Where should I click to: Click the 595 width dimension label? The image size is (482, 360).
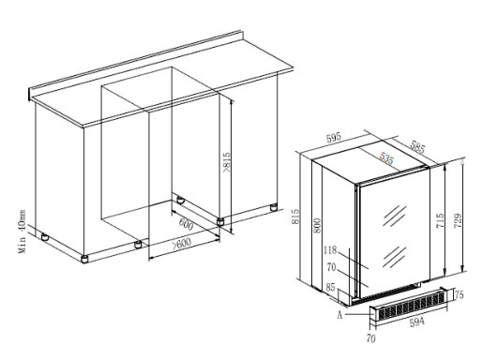pyautogui.click(x=334, y=138)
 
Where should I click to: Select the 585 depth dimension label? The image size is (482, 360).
pyautogui.click(x=417, y=147)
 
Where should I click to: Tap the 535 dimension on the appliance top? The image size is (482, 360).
pyautogui.click(x=386, y=158)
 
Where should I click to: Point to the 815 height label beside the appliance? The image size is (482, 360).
pyautogui.click(x=295, y=217)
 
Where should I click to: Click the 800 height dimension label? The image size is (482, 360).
pyautogui.click(x=317, y=225)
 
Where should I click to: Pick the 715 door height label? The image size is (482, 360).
pyautogui.click(x=440, y=221)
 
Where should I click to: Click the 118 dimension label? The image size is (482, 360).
pyautogui.click(x=330, y=250)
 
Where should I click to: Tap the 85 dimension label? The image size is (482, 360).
pyautogui.click(x=330, y=287)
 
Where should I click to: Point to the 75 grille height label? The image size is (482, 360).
pyautogui.click(x=459, y=294)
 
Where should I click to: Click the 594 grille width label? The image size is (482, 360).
pyautogui.click(x=417, y=322)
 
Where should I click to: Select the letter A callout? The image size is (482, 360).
pyautogui.click(x=339, y=315)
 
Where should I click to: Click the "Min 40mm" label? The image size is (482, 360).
pyautogui.click(x=22, y=232)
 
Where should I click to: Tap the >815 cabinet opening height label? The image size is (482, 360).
pyautogui.click(x=226, y=162)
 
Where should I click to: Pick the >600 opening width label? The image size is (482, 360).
pyautogui.click(x=181, y=243)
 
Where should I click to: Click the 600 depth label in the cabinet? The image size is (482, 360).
pyautogui.click(x=186, y=224)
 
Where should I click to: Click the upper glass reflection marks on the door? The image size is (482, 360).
pyautogui.click(x=394, y=216)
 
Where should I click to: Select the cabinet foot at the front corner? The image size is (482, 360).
pyautogui.click(x=83, y=259)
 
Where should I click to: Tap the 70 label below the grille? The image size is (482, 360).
pyautogui.click(x=370, y=338)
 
